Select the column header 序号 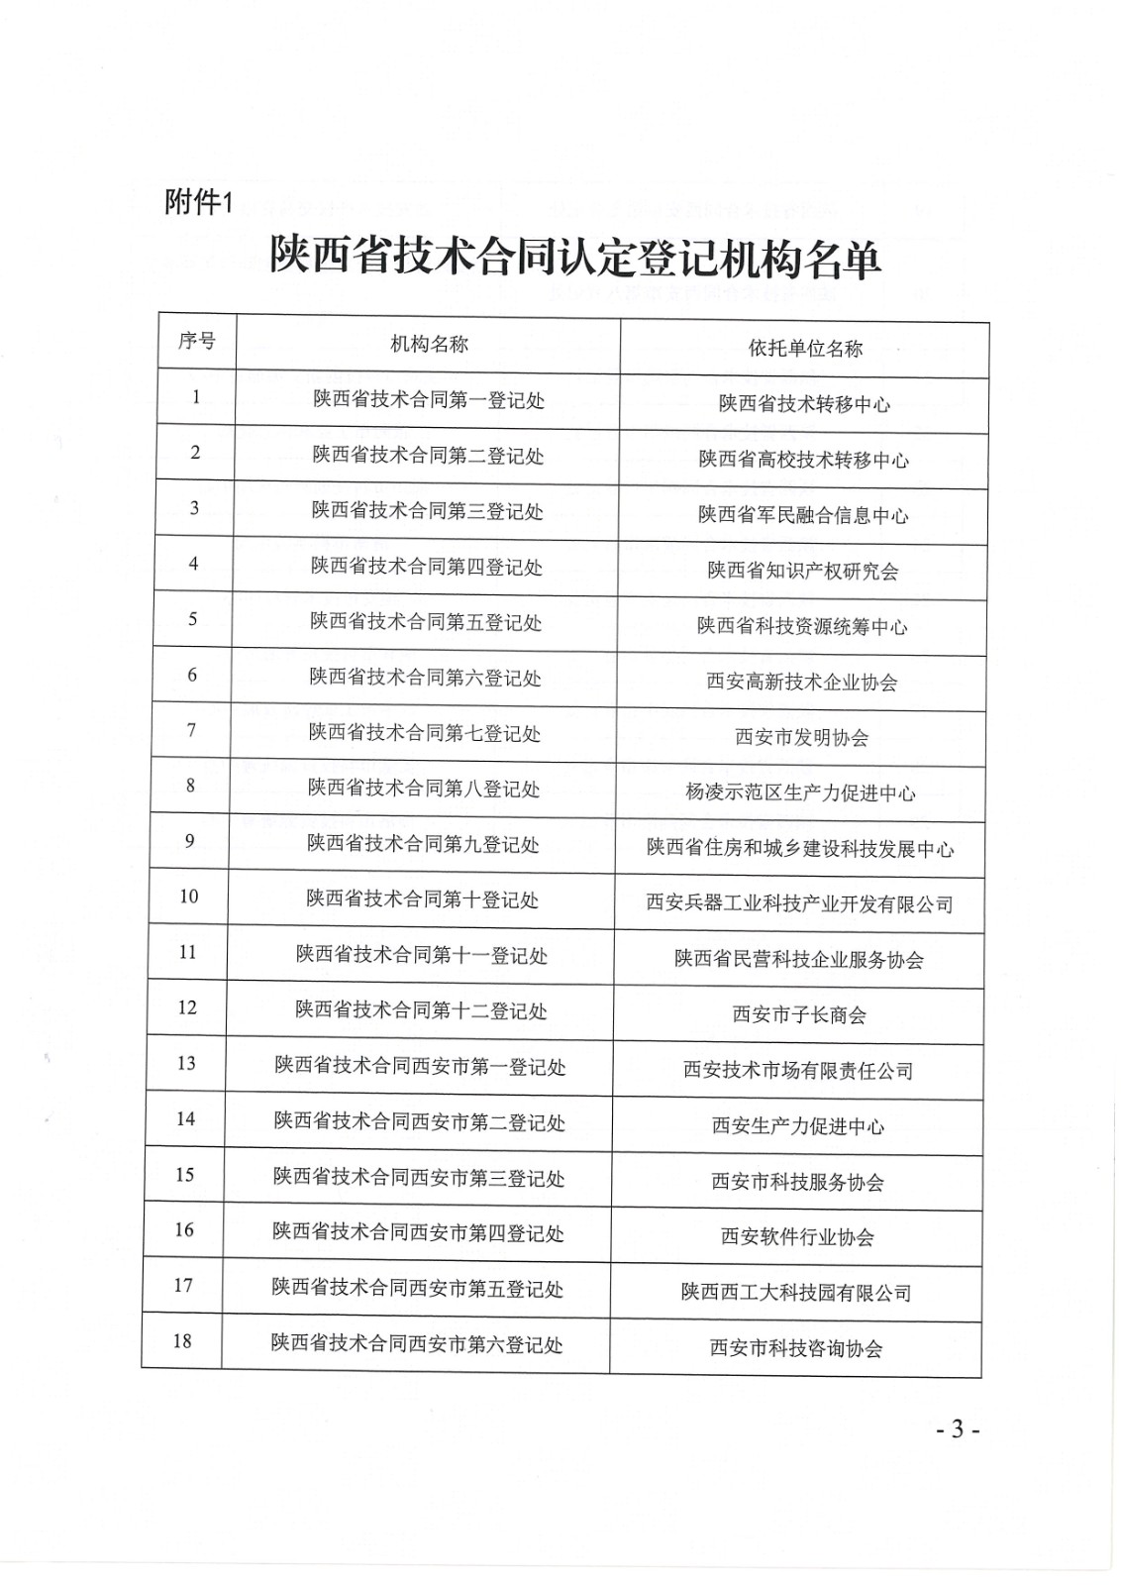(196, 342)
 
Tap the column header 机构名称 (429, 344)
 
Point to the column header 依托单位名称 (805, 348)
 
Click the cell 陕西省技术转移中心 (804, 404)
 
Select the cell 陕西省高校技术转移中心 (804, 460)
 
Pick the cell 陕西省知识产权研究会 (803, 571)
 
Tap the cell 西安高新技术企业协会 (802, 682)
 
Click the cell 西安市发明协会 (802, 737)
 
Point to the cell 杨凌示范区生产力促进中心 (800, 792)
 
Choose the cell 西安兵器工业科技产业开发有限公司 (799, 903)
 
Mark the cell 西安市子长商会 (799, 1014)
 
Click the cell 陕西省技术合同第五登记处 (426, 622)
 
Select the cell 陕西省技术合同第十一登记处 (422, 955)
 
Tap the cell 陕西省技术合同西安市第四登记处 (418, 1233)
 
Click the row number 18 (182, 1341)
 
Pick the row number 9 (190, 841)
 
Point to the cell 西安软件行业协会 (797, 1237)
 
